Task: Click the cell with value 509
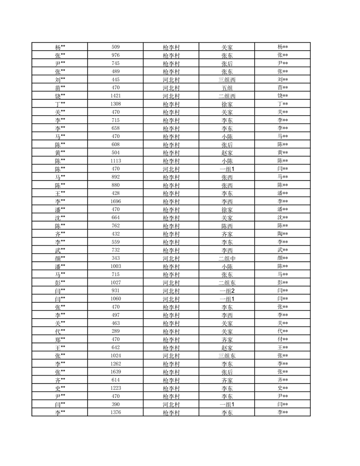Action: [116, 47]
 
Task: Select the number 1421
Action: [116, 96]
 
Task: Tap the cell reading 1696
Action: [116, 201]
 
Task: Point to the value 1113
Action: [116, 161]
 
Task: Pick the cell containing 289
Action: [116, 331]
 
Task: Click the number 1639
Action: [116, 372]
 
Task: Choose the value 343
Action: [116, 258]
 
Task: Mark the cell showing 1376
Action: [116, 412]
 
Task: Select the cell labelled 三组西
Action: [227, 80]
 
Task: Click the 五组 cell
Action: [227, 88]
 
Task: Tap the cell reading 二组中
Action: [227, 258]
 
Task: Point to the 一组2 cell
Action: [227, 290]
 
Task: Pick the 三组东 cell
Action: [227, 356]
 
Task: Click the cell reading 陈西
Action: [227, 225]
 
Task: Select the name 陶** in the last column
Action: [283, 234]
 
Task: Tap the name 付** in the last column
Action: [283, 339]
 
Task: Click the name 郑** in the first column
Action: [60, 339]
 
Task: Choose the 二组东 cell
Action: [227, 282]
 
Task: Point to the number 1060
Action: [116, 299]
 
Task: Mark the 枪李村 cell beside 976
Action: [171, 55]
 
